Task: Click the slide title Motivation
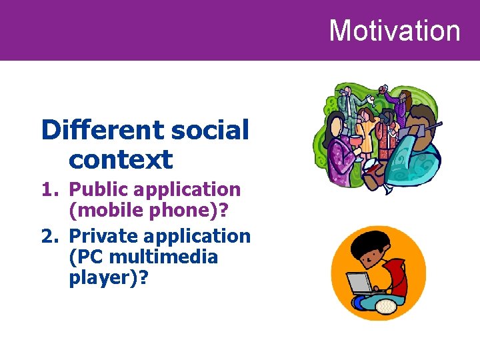pyautogui.click(x=394, y=31)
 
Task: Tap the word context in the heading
pyautogui.click(x=121, y=159)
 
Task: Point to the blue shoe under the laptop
pyautogui.click(x=363, y=303)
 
